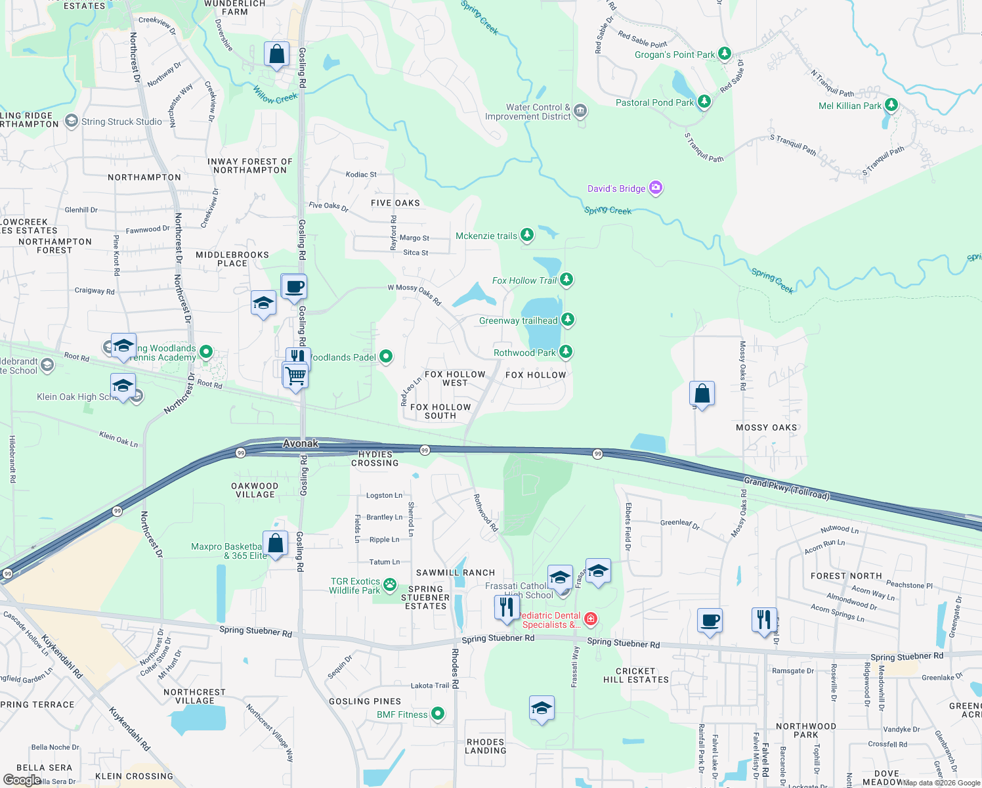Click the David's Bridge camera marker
(655, 188)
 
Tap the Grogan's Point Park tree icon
(725, 53)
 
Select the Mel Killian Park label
(850, 106)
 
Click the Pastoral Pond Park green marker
(704, 101)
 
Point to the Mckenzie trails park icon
(527, 234)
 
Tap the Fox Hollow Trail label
(524, 280)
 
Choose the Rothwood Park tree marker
(566, 352)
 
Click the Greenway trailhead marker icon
(568, 320)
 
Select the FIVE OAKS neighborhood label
(395, 203)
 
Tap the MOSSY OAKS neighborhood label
(766, 427)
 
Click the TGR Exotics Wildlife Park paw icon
(390, 584)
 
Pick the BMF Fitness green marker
(438, 714)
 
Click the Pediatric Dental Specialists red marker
(591, 619)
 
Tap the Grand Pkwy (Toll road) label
(786, 489)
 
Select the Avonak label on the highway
(301, 444)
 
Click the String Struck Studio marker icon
(72, 121)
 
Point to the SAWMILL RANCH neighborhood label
(456, 573)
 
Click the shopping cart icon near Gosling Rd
(296, 376)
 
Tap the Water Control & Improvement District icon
(580, 110)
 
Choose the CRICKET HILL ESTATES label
(635, 676)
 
